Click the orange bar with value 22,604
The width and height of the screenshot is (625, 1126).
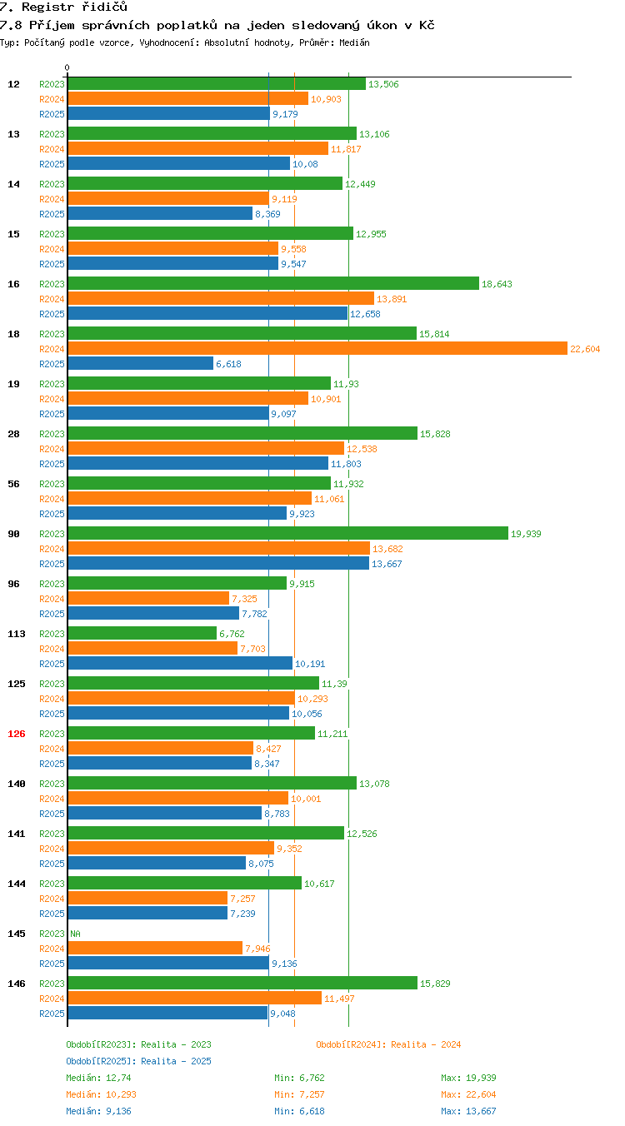317,348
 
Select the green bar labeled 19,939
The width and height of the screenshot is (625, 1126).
288,533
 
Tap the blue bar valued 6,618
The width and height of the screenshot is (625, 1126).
141,363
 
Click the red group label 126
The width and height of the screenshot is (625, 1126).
16,734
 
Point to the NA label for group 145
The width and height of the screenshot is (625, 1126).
76,934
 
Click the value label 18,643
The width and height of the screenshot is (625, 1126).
497,284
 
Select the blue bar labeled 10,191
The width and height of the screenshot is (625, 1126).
180,663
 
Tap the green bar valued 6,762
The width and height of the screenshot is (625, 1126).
142,633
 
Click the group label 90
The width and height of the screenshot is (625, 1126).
13,534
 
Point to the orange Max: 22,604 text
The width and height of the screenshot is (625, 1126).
468,1094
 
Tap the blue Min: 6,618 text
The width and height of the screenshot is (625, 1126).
299,1111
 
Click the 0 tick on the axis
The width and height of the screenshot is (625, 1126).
67,67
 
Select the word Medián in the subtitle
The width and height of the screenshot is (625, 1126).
354,42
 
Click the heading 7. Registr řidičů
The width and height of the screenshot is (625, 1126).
64,7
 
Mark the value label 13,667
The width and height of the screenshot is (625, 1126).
387,564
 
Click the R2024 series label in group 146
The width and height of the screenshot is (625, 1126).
52,999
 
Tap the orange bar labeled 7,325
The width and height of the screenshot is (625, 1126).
149,598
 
